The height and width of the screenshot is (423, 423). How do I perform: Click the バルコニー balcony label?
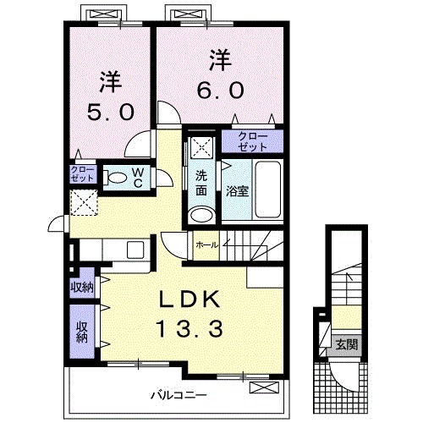(x=179, y=394)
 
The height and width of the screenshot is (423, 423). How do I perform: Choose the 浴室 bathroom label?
(x=237, y=191)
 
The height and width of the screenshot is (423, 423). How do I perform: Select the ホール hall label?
(x=206, y=245)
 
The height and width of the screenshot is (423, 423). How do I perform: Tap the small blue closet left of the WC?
(x=82, y=175)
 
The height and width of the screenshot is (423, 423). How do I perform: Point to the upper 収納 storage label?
(x=82, y=287)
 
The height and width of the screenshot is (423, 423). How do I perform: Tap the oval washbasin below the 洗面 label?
(x=201, y=214)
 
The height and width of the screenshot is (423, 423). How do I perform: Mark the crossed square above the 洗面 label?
(x=201, y=148)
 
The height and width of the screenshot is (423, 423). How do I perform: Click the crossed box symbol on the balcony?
(x=263, y=388)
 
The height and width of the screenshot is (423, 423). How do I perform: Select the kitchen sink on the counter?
(x=135, y=250)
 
